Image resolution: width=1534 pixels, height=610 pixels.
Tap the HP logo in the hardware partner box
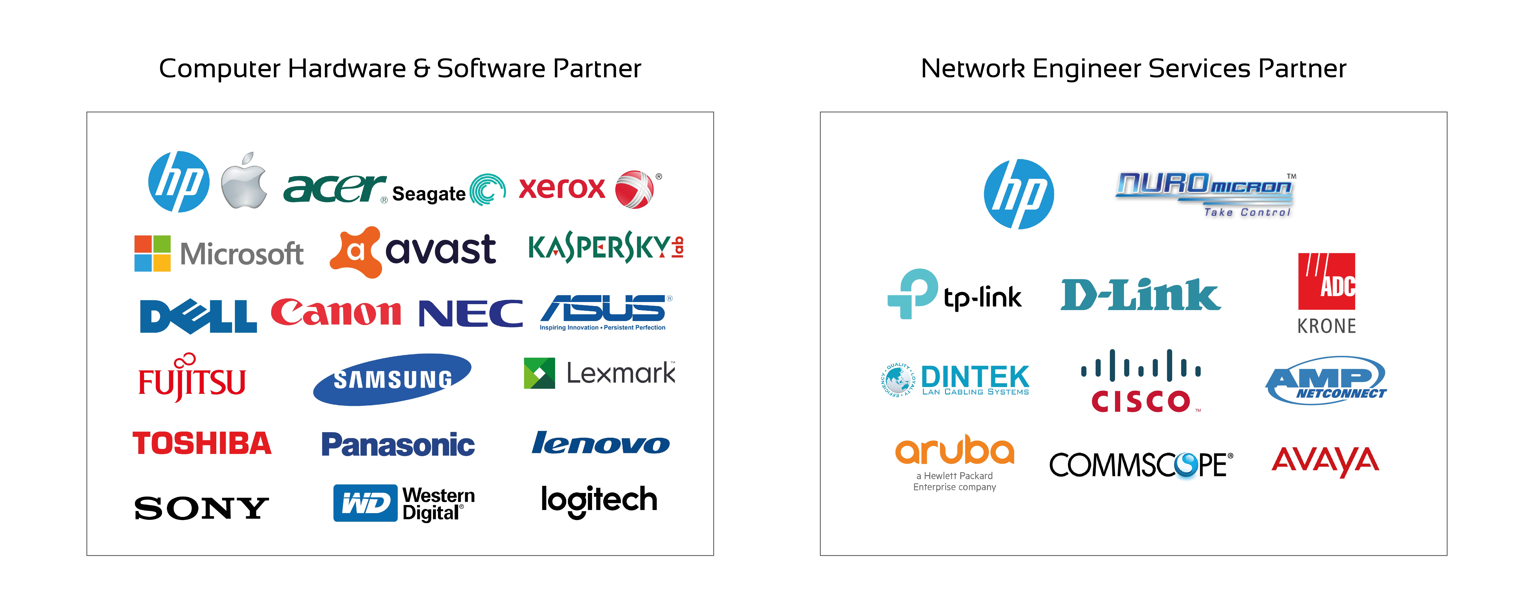click(x=179, y=182)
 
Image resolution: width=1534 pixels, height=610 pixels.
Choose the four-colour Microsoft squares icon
click(x=152, y=253)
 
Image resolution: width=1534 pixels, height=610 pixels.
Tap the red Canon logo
click(x=336, y=312)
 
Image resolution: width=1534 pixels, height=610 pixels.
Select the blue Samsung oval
click(x=393, y=380)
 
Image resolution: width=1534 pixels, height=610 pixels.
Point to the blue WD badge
click(x=365, y=503)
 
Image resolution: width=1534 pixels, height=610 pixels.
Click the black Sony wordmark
click(x=201, y=508)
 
